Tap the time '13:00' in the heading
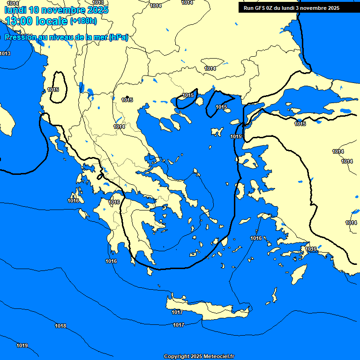[x=22, y=21]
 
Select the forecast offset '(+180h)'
[x=83, y=21]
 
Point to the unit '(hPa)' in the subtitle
[x=118, y=37]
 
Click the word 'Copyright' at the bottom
[x=177, y=357]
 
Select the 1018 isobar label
[x=60, y=326]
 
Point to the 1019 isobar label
[x=22, y=346]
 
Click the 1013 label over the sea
[x=5, y=54]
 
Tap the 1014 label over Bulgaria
[x=210, y=68]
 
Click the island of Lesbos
[x=248, y=162]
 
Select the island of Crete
[x=206, y=309]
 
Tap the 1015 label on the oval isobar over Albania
[x=53, y=90]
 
